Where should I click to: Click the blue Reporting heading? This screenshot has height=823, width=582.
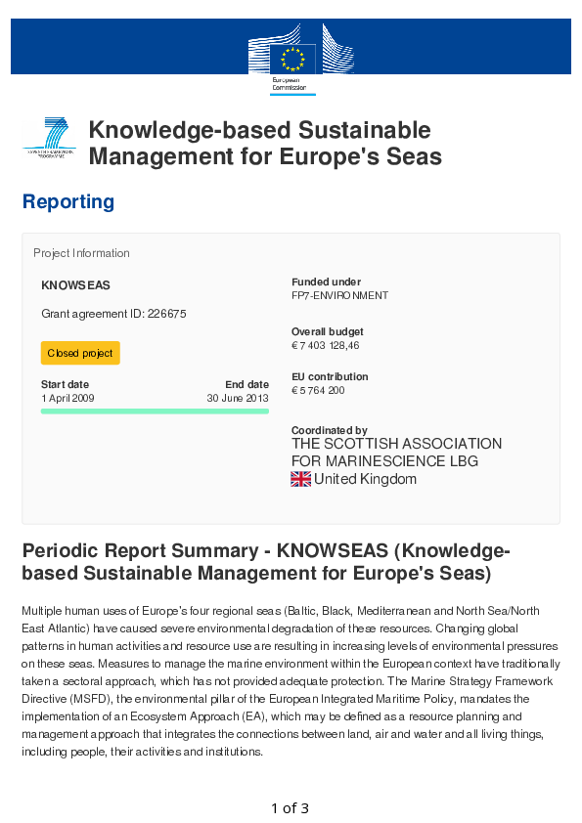(x=68, y=202)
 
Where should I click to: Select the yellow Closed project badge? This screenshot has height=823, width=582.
(x=80, y=353)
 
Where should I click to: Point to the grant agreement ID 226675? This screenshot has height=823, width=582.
(x=113, y=314)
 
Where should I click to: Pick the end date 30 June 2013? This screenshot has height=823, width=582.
(x=237, y=399)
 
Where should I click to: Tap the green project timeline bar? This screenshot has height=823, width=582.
(x=155, y=411)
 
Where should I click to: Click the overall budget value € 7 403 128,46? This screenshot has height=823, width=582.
(x=326, y=346)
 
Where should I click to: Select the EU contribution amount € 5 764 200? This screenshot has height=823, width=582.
(x=318, y=391)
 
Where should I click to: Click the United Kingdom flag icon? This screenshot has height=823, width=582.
(x=301, y=479)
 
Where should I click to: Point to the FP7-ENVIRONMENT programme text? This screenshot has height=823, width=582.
(x=339, y=295)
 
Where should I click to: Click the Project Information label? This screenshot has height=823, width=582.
(x=81, y=253)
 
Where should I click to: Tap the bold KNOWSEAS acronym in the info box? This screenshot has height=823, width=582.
(x=75, y=285)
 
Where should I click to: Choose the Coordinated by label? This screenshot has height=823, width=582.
(x=330, y=430)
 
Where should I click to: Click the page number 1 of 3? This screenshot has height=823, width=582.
(x=290, y=808)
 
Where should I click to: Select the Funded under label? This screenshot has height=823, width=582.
(x=326, y=282)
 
